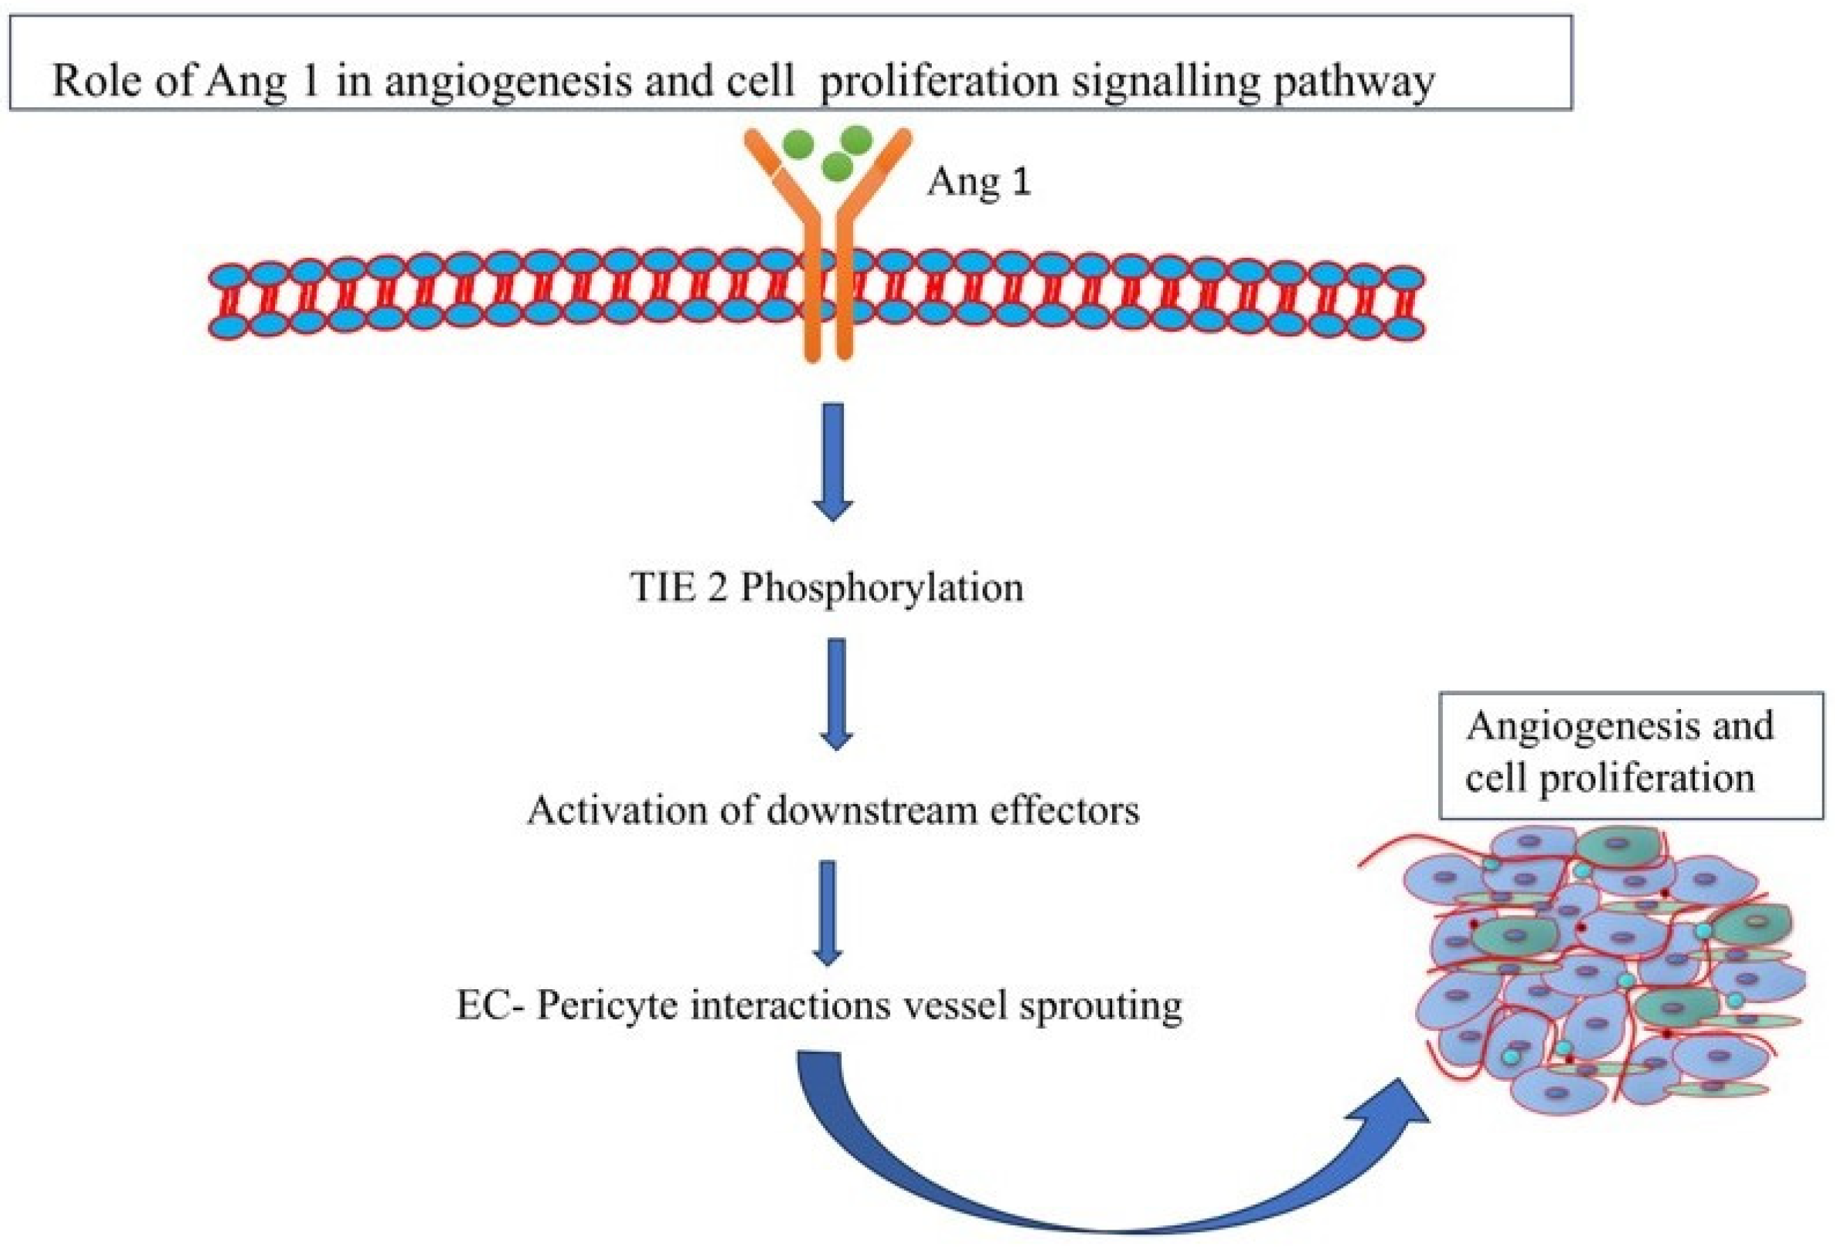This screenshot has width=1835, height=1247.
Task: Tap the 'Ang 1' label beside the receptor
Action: tap(979, 183)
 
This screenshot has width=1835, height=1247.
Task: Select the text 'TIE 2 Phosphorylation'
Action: tap(827, 587)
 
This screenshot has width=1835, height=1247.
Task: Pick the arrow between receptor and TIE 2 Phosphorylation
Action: tap(833, 461)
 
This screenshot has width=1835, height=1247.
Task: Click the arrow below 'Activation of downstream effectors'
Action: tap(827, 911)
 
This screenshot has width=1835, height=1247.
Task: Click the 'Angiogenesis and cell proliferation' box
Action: tap(1631, 754)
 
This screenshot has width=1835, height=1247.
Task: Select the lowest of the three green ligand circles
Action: tap(836, 166)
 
